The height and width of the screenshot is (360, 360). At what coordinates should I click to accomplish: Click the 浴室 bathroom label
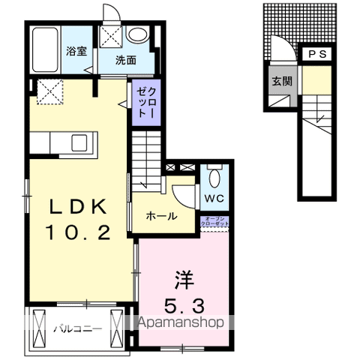click(x=76, y=52)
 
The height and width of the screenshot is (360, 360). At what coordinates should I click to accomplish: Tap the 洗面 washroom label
click(x=124, y=60)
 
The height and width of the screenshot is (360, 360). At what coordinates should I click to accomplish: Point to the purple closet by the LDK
click(x=143, y=102)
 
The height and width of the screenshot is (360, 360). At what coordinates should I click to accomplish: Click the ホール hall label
click(x=161, y=217)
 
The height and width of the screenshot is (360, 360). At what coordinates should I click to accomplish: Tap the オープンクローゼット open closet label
click(x=215, y=221)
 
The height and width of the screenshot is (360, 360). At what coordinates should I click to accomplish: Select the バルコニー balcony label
click(x=76, y=328)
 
